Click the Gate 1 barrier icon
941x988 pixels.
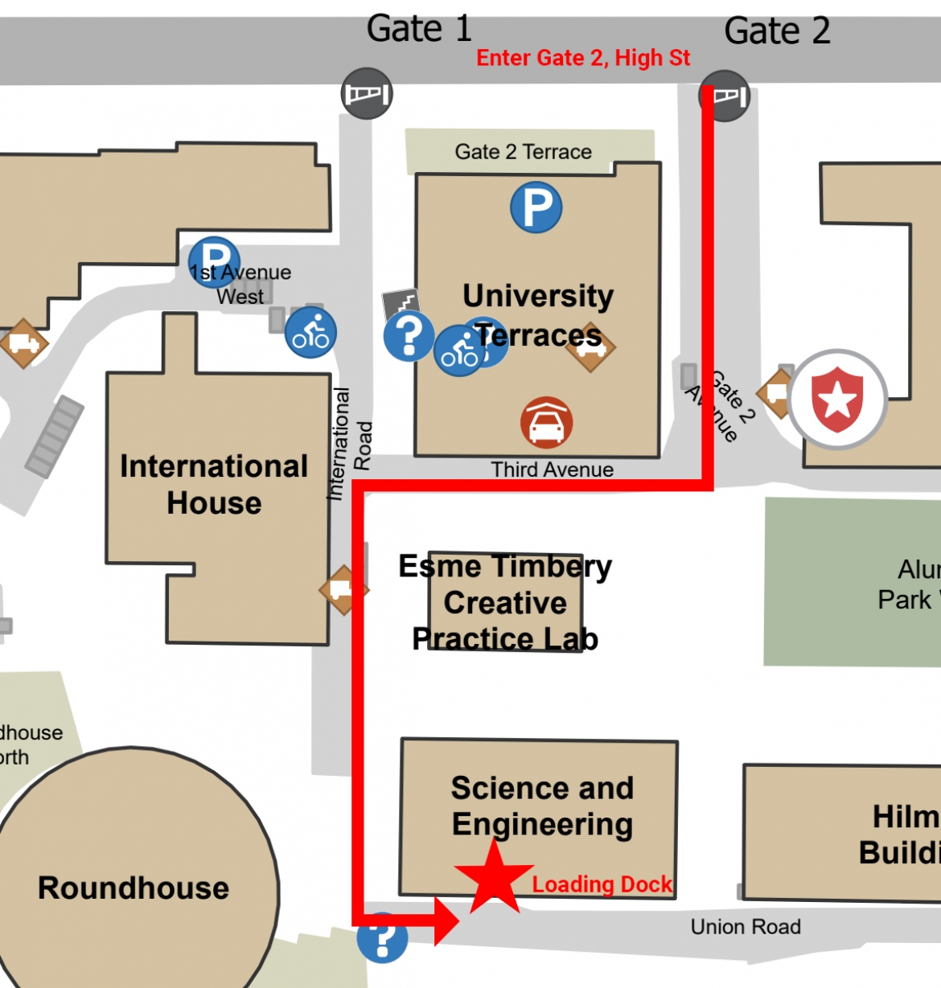click(x=367, y=94)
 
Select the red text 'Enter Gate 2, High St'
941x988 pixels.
click(x=583, y=59)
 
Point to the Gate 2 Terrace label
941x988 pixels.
click(x=523, y=152)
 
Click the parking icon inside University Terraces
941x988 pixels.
click(x=536, y=207)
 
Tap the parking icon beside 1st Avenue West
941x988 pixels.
click(x=213, y=259)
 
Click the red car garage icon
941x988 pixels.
click(x=547, y=423)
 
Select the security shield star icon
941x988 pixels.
click(x=837, y=400)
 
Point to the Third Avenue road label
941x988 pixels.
click(x=553, y=469)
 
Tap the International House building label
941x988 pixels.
click(x=214, y=484)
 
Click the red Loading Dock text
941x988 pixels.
click(x=602, y=884)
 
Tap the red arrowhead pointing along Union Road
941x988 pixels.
click(x=446, y=920)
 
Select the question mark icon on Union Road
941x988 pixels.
click(x=382, y=937)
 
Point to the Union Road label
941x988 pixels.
click(x=746, y=927)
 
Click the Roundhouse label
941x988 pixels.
click(x=134, y=888)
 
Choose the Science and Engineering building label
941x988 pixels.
click(x=542, y=806)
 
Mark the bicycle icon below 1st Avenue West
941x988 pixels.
click(x=310, y=333)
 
